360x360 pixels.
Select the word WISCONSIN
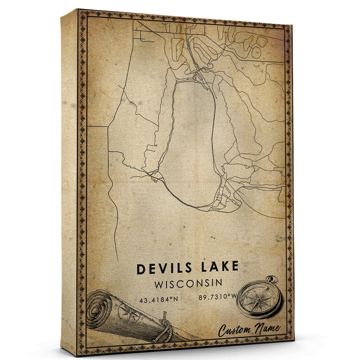pos(188,283)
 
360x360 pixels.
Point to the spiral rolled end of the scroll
pos(99,309)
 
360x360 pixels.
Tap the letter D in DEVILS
pos(141,269)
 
